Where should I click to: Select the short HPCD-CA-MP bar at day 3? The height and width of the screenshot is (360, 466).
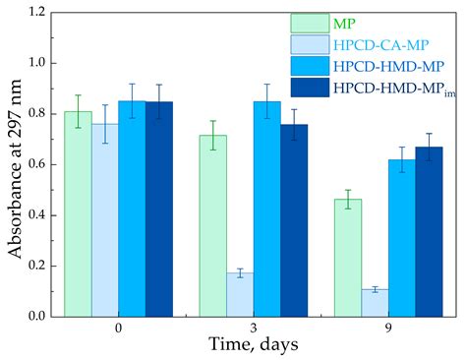(x=239, y=294)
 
